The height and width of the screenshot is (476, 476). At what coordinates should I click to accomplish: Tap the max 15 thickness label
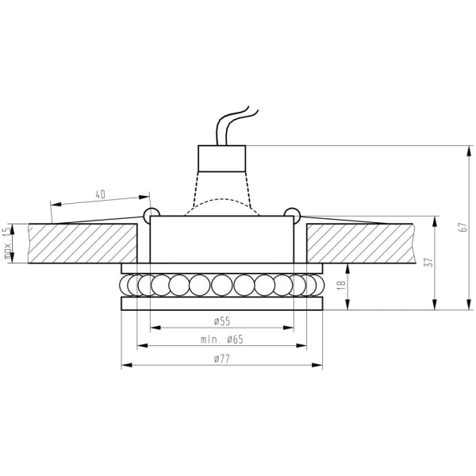click(x=9, y=242)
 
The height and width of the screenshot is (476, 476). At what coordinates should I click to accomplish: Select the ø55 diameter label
click(x=221, y=321)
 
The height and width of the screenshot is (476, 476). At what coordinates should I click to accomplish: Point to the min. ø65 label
click(x=221, y=340)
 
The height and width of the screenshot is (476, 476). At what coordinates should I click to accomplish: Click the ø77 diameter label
click(x=221, y=359)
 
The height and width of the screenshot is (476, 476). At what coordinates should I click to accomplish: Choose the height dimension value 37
click(x=429, y=263)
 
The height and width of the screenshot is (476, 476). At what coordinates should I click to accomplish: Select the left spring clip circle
click(x=150, y=213)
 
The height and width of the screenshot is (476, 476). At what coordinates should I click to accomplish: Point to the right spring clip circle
click(x=293, y=213)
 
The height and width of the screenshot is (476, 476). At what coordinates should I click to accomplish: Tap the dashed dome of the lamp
click(x=221, y=202)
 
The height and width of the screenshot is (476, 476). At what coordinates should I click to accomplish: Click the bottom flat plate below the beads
click(x=221, y=303)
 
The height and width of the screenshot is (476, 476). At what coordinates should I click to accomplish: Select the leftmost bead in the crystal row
click(x=127, y=284)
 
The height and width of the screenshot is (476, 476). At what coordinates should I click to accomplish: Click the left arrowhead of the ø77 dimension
click(x=125, y=367)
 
